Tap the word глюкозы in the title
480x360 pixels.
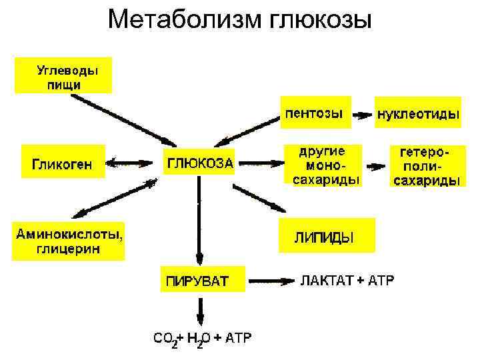[319, 21]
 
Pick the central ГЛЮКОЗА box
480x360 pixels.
[199, 162]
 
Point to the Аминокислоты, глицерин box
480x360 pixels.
[69, 241]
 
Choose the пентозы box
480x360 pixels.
[314, 113]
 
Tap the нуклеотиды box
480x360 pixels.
[417, 114]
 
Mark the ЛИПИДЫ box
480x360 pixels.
[326, 237]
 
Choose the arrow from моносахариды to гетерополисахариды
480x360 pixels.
[375, 166]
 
